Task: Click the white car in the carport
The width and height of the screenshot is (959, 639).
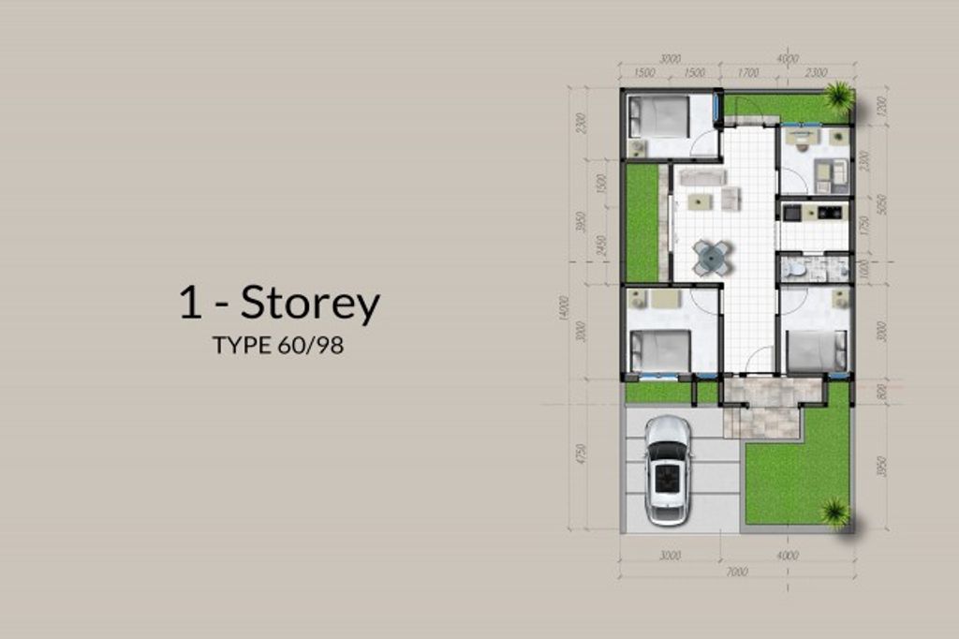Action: click(x=668, y=469)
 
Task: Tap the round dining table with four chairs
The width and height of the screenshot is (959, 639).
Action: click(x=712, y=257)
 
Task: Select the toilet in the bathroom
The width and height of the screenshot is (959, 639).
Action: click(x=795, y=270)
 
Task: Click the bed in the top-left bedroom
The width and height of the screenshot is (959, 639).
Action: click(x=658, y=117)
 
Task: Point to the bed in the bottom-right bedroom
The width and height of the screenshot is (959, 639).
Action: click(x=817, y=351)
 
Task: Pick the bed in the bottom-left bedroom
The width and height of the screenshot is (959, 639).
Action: click(x=659, y=351)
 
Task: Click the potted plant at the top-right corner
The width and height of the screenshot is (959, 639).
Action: click(x=838, y=96)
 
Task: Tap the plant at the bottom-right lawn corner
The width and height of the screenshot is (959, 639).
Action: click(x=834, y=512)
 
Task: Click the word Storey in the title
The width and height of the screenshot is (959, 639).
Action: click(x=310, y=305)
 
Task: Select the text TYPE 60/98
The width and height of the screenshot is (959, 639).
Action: click(x=278, y=346)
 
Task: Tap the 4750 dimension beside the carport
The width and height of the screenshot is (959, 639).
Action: click(x=582, y=453)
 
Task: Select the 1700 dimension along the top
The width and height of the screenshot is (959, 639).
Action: click(x=747, y=72)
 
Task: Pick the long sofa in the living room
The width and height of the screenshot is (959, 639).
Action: click(x=701, y=175)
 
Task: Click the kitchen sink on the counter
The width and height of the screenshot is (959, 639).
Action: click(x=791, y=213)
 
